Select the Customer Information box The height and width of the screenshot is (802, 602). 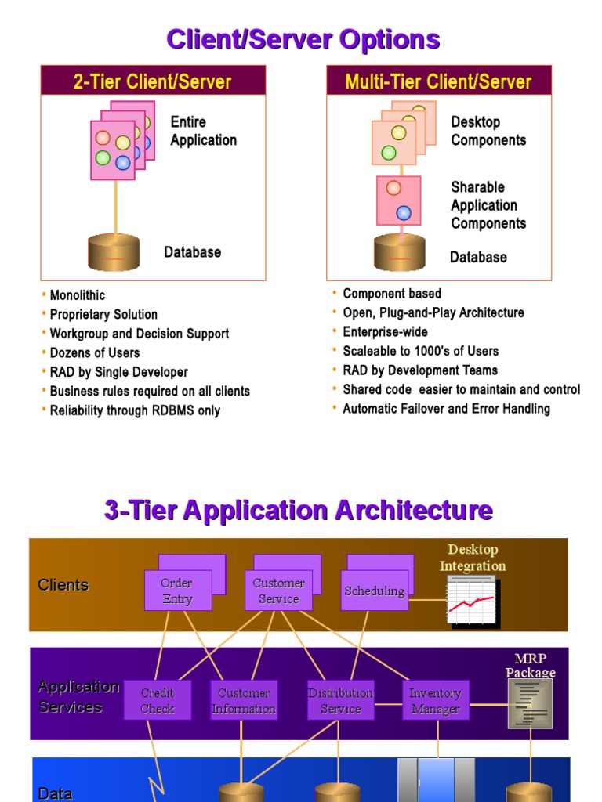244,700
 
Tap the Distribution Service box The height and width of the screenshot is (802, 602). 340,700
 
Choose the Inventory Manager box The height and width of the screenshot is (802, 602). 435,700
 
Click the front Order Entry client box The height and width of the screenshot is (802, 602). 176,591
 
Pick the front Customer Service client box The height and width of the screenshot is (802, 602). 278,591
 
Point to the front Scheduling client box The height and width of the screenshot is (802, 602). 375,591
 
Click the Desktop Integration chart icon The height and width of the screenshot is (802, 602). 471,600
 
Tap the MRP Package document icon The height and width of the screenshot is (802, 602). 530,703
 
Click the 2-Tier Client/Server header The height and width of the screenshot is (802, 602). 153,81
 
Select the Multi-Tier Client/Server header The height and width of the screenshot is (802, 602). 438,81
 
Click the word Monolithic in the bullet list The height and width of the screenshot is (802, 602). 78,295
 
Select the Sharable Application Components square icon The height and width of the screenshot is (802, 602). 398,200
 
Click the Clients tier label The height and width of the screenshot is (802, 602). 63,585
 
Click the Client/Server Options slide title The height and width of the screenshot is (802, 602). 303,39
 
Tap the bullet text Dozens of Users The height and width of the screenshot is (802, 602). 95,352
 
